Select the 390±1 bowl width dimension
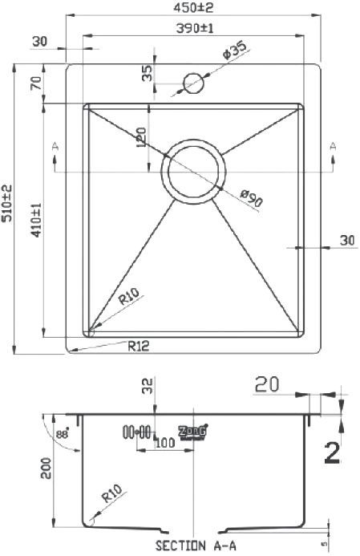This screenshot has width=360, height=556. click(192, 28)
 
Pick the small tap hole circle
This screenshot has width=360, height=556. click(194, 82)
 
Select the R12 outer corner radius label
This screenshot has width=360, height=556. click(139, 347)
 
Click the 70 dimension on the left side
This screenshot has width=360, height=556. click(35, 83)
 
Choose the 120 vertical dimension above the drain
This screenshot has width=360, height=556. click(141, 138)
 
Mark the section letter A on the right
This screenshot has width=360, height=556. click(331, 145)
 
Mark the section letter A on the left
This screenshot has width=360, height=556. click(55, 145)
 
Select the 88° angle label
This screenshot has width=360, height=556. click(62, 433)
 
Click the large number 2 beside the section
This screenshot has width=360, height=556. click(332, 453)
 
